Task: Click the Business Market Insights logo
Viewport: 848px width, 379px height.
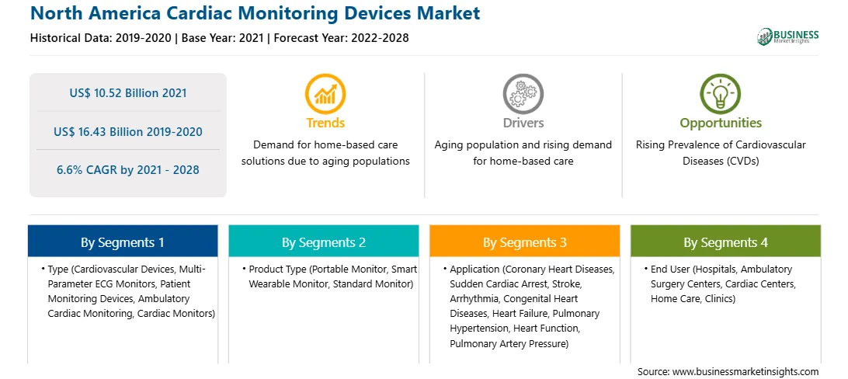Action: (x=787, y=37)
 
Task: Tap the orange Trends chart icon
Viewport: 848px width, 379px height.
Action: (x=325, y=93)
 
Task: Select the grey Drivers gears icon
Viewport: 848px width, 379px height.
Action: (x=523, y=93)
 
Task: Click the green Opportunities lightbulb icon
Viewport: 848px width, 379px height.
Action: (x=721, y=93)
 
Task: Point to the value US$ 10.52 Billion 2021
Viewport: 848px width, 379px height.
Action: (x=128, y=93)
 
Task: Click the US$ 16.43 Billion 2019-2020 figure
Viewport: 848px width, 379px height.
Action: (x=128, y=131)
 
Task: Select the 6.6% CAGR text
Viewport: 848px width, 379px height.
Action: (x=128, y=170)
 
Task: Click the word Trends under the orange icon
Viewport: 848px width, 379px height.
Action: (x=325, y=123)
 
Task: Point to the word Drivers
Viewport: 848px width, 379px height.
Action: (x=523, y=123)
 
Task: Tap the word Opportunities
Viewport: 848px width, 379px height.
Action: (x=721, y=123)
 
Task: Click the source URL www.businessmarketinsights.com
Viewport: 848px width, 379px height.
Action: (x=745, y=371)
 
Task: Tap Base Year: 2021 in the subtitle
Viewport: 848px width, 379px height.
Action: (x=223, y=38)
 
